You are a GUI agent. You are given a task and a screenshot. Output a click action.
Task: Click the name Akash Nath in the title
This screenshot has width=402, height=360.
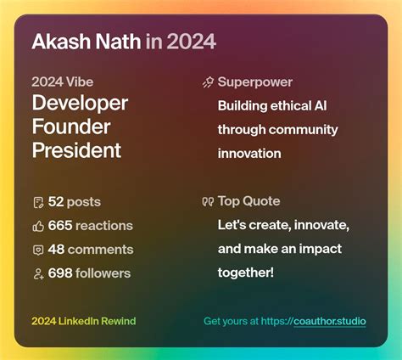coord(85,41)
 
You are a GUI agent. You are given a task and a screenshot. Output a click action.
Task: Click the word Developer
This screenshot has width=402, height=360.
coord(80,104)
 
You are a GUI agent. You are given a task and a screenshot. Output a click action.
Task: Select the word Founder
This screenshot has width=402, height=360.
coord(71,127)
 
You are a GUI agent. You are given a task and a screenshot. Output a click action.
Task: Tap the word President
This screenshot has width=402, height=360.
coord(76,151)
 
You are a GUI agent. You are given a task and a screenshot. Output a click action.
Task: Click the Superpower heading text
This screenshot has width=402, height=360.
coord(255,82)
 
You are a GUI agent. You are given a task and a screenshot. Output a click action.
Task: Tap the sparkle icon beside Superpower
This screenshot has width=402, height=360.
coord(207,82)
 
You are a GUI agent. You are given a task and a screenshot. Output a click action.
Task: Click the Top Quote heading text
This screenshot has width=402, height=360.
coord(248,201)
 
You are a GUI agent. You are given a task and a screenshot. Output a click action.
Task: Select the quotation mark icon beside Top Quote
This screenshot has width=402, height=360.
coord(207,202)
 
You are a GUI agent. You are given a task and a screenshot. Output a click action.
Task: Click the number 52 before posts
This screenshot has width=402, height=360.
coord(56,202)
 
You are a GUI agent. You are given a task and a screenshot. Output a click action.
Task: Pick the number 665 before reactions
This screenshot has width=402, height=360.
coord(60,226)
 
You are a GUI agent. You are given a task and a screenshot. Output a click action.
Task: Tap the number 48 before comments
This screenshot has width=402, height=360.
coord(56,250)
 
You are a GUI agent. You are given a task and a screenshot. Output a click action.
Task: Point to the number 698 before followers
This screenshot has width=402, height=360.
coord(60,273)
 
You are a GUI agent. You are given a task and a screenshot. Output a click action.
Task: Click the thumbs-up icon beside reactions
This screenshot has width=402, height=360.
coord(37,226)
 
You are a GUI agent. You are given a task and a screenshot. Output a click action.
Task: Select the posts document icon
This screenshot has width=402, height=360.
coord(37,202)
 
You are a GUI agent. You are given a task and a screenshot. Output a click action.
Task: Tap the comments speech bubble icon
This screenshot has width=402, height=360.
coord(37,250)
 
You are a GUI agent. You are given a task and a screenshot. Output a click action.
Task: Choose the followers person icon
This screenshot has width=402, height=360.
coord(37,273)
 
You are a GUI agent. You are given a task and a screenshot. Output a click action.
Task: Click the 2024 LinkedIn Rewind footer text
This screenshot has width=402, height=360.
coord(83,321)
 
